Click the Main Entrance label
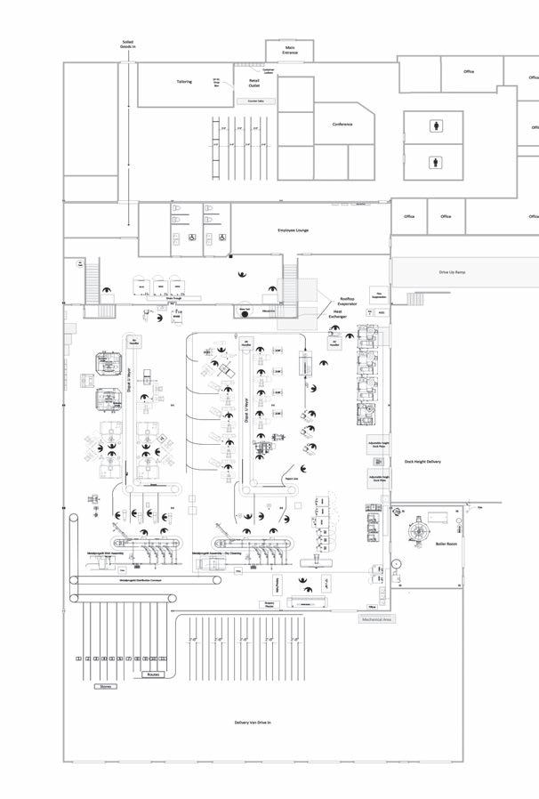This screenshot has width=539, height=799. point(290,52)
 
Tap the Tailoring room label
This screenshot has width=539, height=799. point(183,82)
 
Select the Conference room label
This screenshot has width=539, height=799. point(342,125)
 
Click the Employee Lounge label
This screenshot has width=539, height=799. point(293,230)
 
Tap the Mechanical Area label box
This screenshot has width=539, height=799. point(374,618)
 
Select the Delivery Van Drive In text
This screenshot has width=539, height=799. point(253,722)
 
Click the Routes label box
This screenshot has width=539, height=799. point(153,674)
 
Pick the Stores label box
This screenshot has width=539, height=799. point(105,686)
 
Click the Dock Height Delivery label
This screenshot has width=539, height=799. point(422,462)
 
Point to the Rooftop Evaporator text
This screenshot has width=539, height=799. point(347,303)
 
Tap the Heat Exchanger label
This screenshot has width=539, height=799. point(338,313)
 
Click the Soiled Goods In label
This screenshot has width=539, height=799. point(130,44)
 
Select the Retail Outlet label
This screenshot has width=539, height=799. point(254,84)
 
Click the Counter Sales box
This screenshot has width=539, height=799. point(254,101)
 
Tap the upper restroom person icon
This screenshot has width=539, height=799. point(435,126)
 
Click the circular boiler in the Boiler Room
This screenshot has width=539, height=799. point(414,531)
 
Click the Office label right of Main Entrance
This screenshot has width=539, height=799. point(469,71)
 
